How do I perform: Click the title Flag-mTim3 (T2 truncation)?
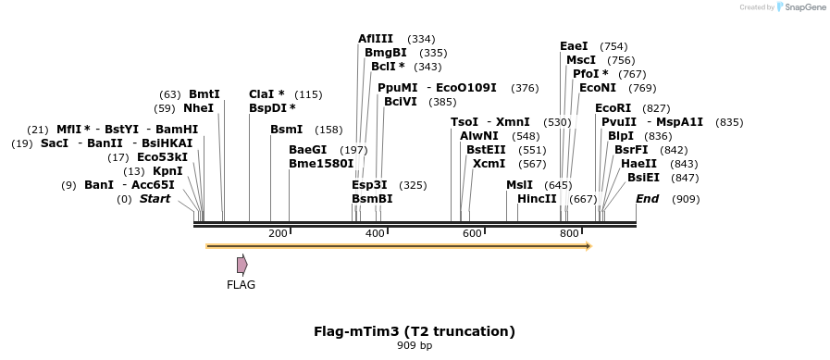[x=415, y=330]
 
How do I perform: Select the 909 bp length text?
[x=415, y=345]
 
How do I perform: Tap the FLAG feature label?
[x=241, y=284]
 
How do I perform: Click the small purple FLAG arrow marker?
[x=242, y=265]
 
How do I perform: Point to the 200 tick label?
[x=278, y=233]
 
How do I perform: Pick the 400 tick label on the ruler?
[x=375, y=233]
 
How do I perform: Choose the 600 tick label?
[x=472, y=233]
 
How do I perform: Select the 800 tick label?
[x=569, y=233]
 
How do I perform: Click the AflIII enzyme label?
[x=377, y=39]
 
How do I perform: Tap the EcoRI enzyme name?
[x=613, y=108]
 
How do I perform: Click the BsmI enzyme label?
[x=286, y=130]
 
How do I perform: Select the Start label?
[x=155, y=199]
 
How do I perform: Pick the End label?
[x=648, y=199]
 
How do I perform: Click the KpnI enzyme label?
[x=167, y=171]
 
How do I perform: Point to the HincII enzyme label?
[x=537, y=199]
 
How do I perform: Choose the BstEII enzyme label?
[x=486, y=150]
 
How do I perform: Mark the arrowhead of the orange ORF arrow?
[x=588, y=246]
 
